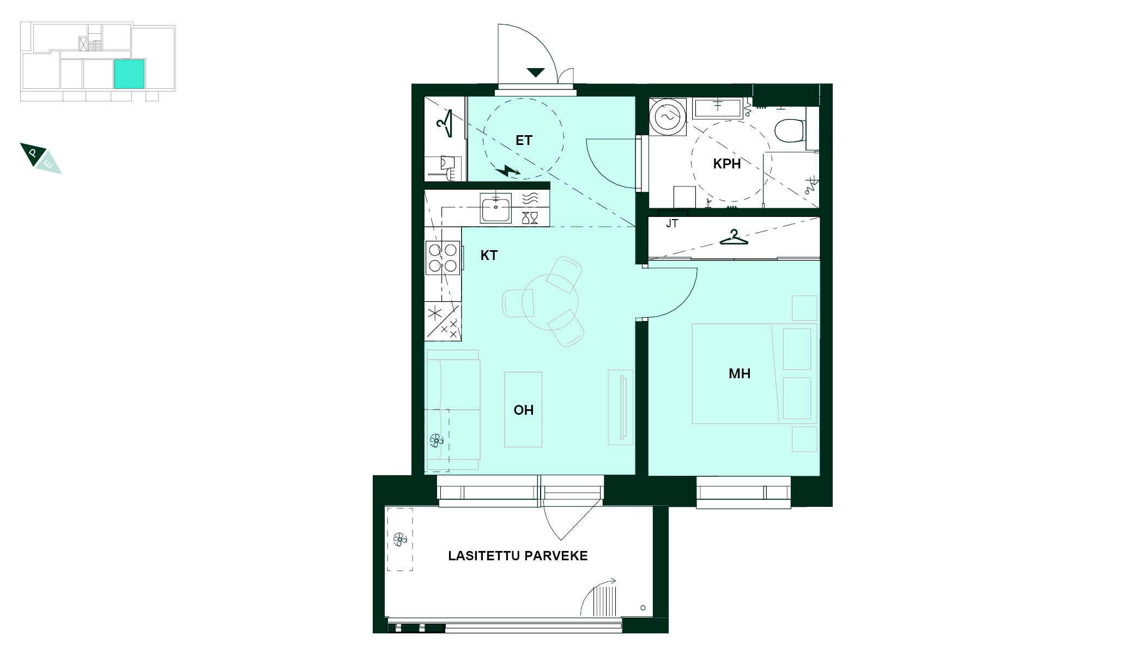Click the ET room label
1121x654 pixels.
pos(523,141)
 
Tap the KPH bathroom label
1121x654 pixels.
pos(726,163)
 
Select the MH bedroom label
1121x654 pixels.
pos(740,373)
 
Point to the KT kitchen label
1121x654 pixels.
pos(489,255)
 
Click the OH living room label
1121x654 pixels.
pos(523,410)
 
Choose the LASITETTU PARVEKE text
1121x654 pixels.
pos(518,556)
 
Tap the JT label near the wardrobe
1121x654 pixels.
pos(671,223)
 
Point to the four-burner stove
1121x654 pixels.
pos(443,258)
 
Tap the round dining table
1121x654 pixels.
pos(550,302)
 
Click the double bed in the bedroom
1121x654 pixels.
pos(754,374)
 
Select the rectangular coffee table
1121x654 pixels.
pos(523,410)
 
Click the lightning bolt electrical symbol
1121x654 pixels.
pos(508,171)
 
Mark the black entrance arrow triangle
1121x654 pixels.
pos(536,72)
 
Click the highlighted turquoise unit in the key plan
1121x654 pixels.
pos(129,74)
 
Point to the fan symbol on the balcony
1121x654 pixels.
pos(399,540)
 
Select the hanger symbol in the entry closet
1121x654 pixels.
pos(445,124)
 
